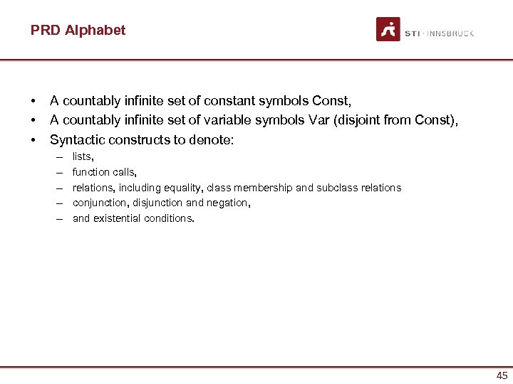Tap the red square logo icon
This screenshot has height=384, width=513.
tap(388, 29)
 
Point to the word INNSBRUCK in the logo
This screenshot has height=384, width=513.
tap(450, 33)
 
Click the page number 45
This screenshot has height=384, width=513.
tap(502, 375)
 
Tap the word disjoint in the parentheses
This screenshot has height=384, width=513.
tap(355, 121)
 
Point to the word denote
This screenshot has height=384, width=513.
tap(207, 139)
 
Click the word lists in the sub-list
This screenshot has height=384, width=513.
tap(83, 156)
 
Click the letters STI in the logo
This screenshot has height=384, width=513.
tap(412, 33)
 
